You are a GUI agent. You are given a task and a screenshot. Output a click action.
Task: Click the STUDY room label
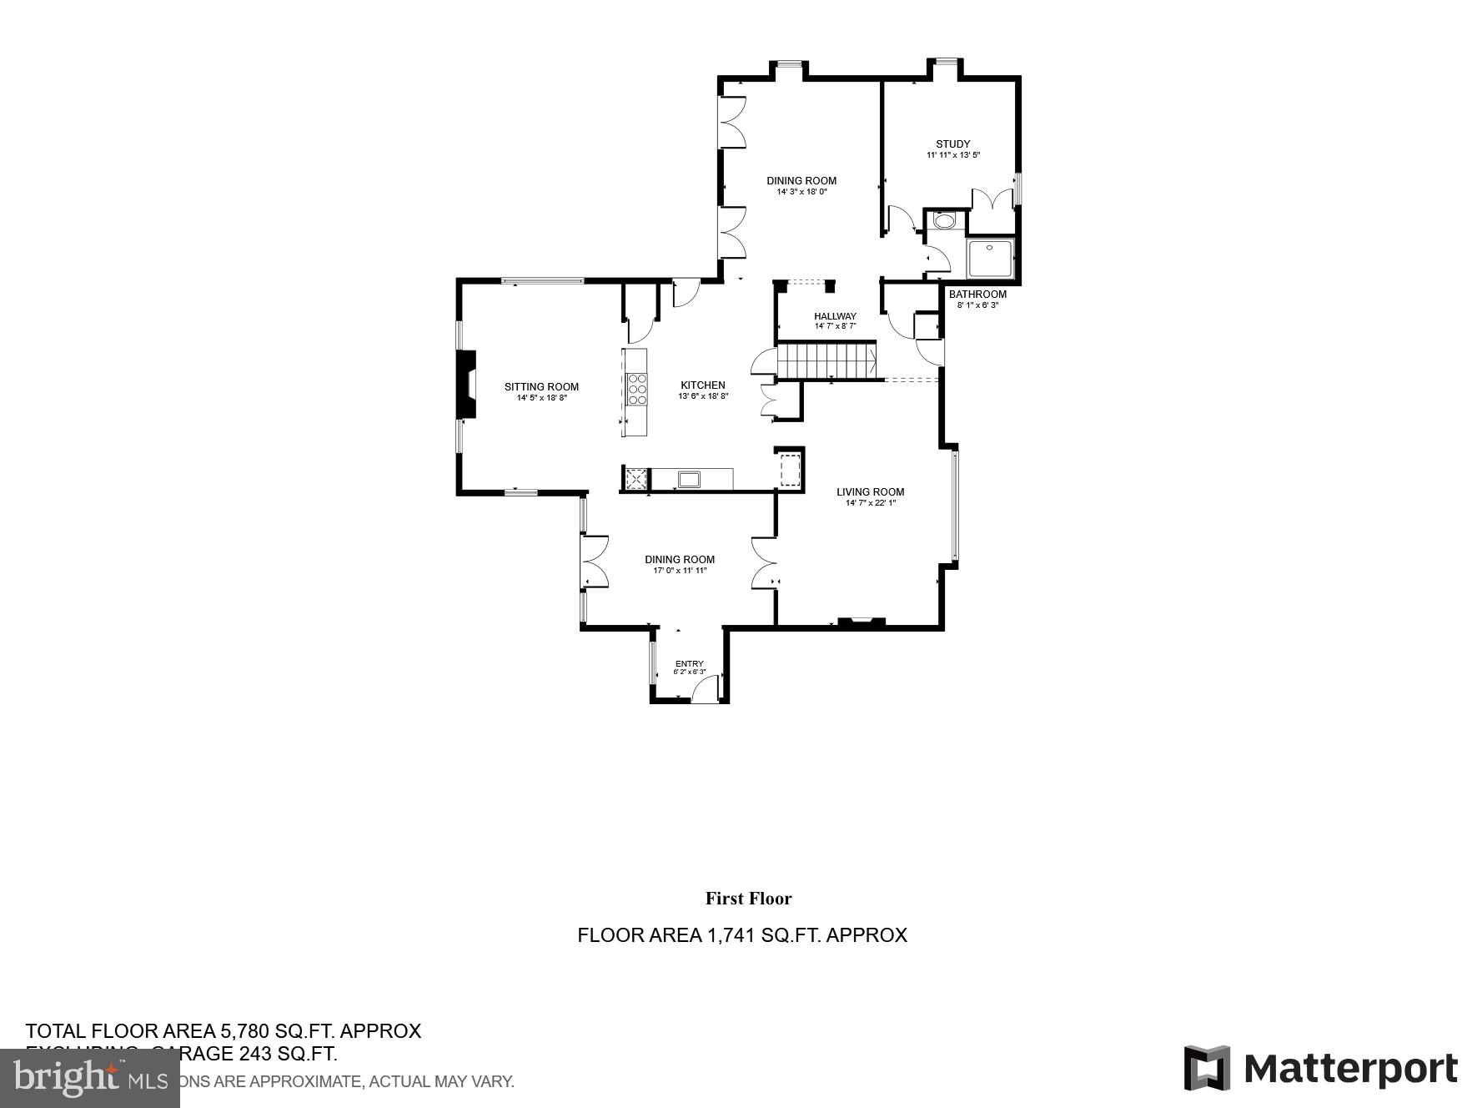click(952, 144)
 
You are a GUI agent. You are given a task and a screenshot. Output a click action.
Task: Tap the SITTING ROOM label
click(541, 386)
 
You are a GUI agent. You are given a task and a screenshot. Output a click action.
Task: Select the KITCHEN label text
click(703, 385)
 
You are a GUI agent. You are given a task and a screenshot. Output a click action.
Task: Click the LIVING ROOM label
click(870, 492)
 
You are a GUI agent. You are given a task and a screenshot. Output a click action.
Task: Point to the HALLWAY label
click(835, 316)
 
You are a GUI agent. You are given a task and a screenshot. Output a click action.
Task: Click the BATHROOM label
click(977, 295)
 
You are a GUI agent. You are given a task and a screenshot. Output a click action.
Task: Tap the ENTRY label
click(689, 664)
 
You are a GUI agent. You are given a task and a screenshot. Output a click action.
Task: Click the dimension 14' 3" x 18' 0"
click(801, 192)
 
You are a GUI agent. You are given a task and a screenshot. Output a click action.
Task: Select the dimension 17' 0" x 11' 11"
click(680, 571)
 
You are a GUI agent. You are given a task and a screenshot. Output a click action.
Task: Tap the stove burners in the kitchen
click(637, 390)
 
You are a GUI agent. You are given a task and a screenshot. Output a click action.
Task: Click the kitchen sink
click(689, 479)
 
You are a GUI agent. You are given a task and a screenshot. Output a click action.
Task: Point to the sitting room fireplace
click(466, 385)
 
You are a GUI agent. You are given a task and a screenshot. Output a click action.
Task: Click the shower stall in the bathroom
click(990, 259)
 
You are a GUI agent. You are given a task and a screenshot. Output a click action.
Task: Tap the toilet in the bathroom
click(945, 221)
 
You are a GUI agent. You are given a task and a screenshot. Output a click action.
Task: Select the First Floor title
click(748, 899)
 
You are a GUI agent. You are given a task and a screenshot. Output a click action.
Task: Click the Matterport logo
click(1320, 1068)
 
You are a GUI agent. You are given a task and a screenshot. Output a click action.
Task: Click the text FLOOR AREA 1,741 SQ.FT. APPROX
click(741, 935)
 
